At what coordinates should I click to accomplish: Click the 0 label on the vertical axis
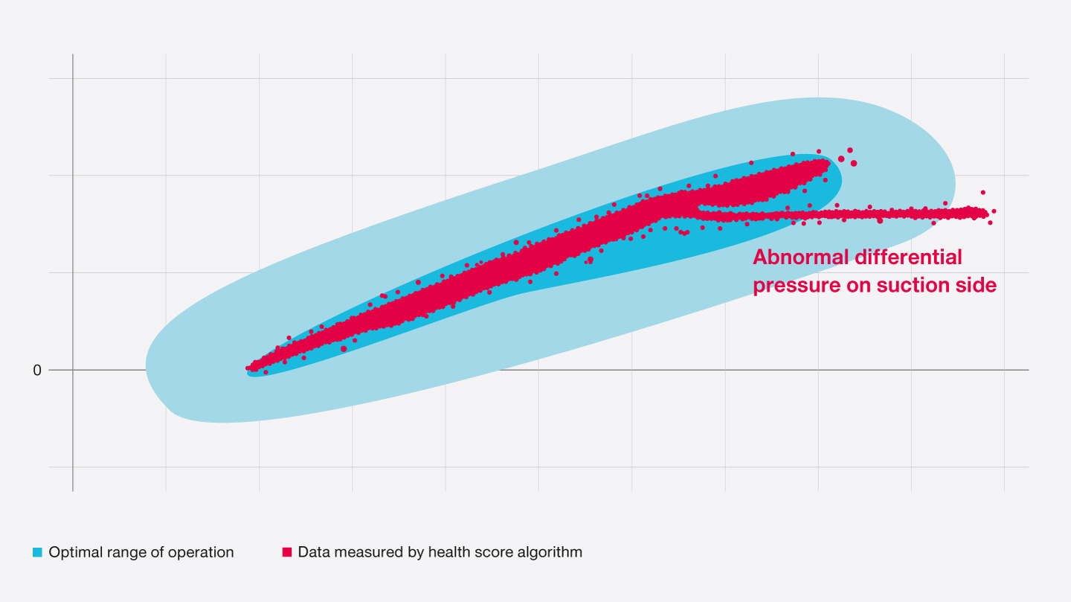pos(37,370)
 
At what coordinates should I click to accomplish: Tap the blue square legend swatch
pos(37,553)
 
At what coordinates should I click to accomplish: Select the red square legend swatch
pos(286,553)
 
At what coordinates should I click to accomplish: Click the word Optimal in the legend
pos(73,553)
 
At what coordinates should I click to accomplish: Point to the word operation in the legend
pos(202,553)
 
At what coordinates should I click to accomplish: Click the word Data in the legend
pos(312,553)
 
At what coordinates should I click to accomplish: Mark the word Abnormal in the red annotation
pos(800,257)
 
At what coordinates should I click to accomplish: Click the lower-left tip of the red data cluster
pos(250,368)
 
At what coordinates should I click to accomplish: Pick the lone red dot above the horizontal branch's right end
pos(982,192)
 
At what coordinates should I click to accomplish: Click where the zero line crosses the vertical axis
pos(73,370)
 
